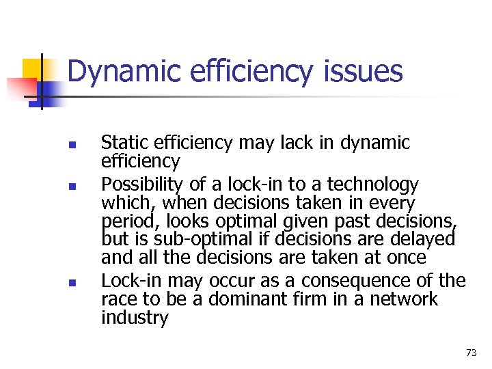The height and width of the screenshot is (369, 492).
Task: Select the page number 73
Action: (x=471, y=353)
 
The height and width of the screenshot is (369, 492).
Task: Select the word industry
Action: (x=135, y=318)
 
